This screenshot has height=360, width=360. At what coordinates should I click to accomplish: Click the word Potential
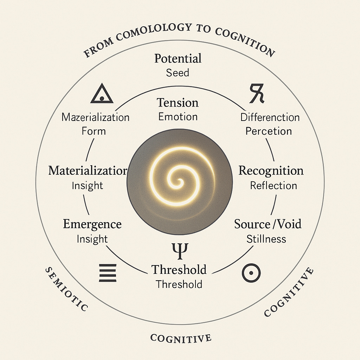178,58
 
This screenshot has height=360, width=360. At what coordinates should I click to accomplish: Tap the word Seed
178,73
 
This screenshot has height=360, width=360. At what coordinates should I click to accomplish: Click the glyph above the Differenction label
257,94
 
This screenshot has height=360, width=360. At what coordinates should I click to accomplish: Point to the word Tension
178,103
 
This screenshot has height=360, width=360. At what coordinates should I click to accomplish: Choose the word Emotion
178,117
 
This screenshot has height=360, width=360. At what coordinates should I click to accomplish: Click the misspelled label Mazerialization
95,117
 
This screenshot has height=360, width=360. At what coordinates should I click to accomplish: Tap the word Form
94,131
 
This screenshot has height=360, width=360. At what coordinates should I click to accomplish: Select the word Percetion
269,131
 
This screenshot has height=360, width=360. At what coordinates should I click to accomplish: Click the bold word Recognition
271,171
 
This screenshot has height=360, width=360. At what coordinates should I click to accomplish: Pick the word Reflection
273,185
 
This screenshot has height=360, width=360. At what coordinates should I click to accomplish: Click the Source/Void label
268,224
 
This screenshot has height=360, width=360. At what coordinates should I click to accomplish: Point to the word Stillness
266,239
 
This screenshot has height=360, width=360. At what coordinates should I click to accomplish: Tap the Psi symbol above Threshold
180,251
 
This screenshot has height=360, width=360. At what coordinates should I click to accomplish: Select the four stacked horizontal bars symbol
108,273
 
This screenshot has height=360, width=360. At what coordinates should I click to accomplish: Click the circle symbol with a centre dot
251,273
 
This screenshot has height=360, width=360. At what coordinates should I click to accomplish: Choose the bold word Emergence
92,224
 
